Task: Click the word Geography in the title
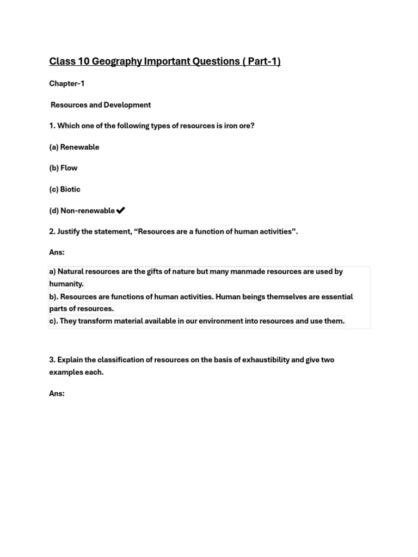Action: (116, 61)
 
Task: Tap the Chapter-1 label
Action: (67, 84)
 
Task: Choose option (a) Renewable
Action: (74, 147)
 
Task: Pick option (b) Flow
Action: (63, 168)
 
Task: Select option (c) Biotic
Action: (65, 189)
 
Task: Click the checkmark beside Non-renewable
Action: (121, 211)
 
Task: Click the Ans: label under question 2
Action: (57, 253)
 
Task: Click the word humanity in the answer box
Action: (66, 284)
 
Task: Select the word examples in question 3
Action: (67, 373)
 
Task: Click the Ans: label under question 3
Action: (57, 393)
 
